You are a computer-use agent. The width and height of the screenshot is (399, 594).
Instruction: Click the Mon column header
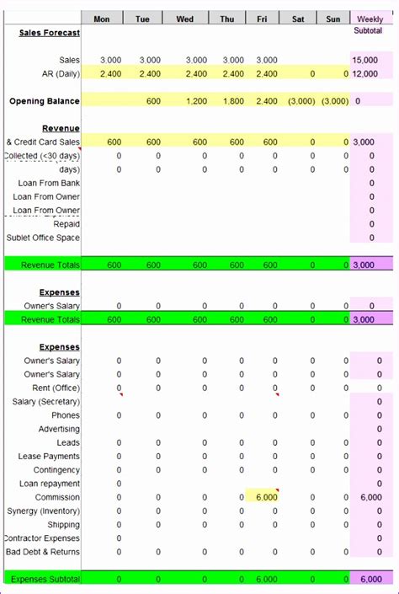coord(102,19)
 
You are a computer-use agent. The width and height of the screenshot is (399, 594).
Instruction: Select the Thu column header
coord(227,19)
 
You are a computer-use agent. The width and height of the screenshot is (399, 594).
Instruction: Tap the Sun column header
coord(334,19)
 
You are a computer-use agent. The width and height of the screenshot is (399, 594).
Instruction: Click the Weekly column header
coord(370,19)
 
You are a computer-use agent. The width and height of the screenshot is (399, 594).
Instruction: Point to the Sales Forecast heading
coord(50,33)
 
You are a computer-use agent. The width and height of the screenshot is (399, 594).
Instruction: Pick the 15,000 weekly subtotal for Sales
coord(365,60)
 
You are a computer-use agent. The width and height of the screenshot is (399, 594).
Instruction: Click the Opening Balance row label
coord(45,101)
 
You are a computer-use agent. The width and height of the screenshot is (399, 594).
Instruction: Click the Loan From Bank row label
coord(49,183)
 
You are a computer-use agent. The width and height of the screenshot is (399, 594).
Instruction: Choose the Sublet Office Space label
coord(43,238)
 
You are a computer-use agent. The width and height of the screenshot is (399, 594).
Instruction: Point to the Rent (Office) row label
coord(56,388)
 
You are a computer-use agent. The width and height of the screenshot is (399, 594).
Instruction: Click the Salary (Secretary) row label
coord(46,402)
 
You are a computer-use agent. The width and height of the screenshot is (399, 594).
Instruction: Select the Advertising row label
coord(60,429)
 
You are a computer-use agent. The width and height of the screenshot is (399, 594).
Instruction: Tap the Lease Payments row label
coord(50,457)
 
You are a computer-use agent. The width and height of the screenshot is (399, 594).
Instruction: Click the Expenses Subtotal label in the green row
coord(45,579)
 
